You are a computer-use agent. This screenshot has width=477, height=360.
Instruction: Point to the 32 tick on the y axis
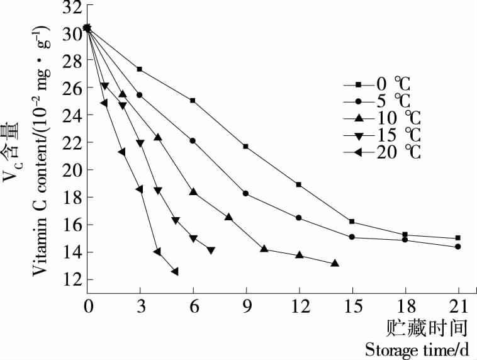click(x=73, y=8)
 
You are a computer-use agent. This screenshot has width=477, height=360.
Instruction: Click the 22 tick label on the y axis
click(x=73, y=143)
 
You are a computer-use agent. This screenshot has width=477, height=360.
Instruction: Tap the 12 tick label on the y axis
click(x=73, y=279)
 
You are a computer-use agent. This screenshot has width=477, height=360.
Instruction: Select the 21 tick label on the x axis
click(x=457, y=307)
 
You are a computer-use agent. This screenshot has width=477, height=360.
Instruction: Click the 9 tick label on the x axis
click(x=245, y=307)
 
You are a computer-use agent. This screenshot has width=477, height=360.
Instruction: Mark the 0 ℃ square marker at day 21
click(x=457, y=238)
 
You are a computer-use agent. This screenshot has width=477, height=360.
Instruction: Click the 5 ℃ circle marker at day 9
click(x=245, y=193)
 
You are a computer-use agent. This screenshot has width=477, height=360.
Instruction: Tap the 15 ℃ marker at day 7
click(x=211, y=250)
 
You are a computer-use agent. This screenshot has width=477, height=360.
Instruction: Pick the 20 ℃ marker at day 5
click(x=174, y=271)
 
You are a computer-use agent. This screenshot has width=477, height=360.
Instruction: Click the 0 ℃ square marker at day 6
click(x=193, y=101)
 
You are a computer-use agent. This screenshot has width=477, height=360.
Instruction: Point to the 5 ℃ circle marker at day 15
click(x=352, y=237)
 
